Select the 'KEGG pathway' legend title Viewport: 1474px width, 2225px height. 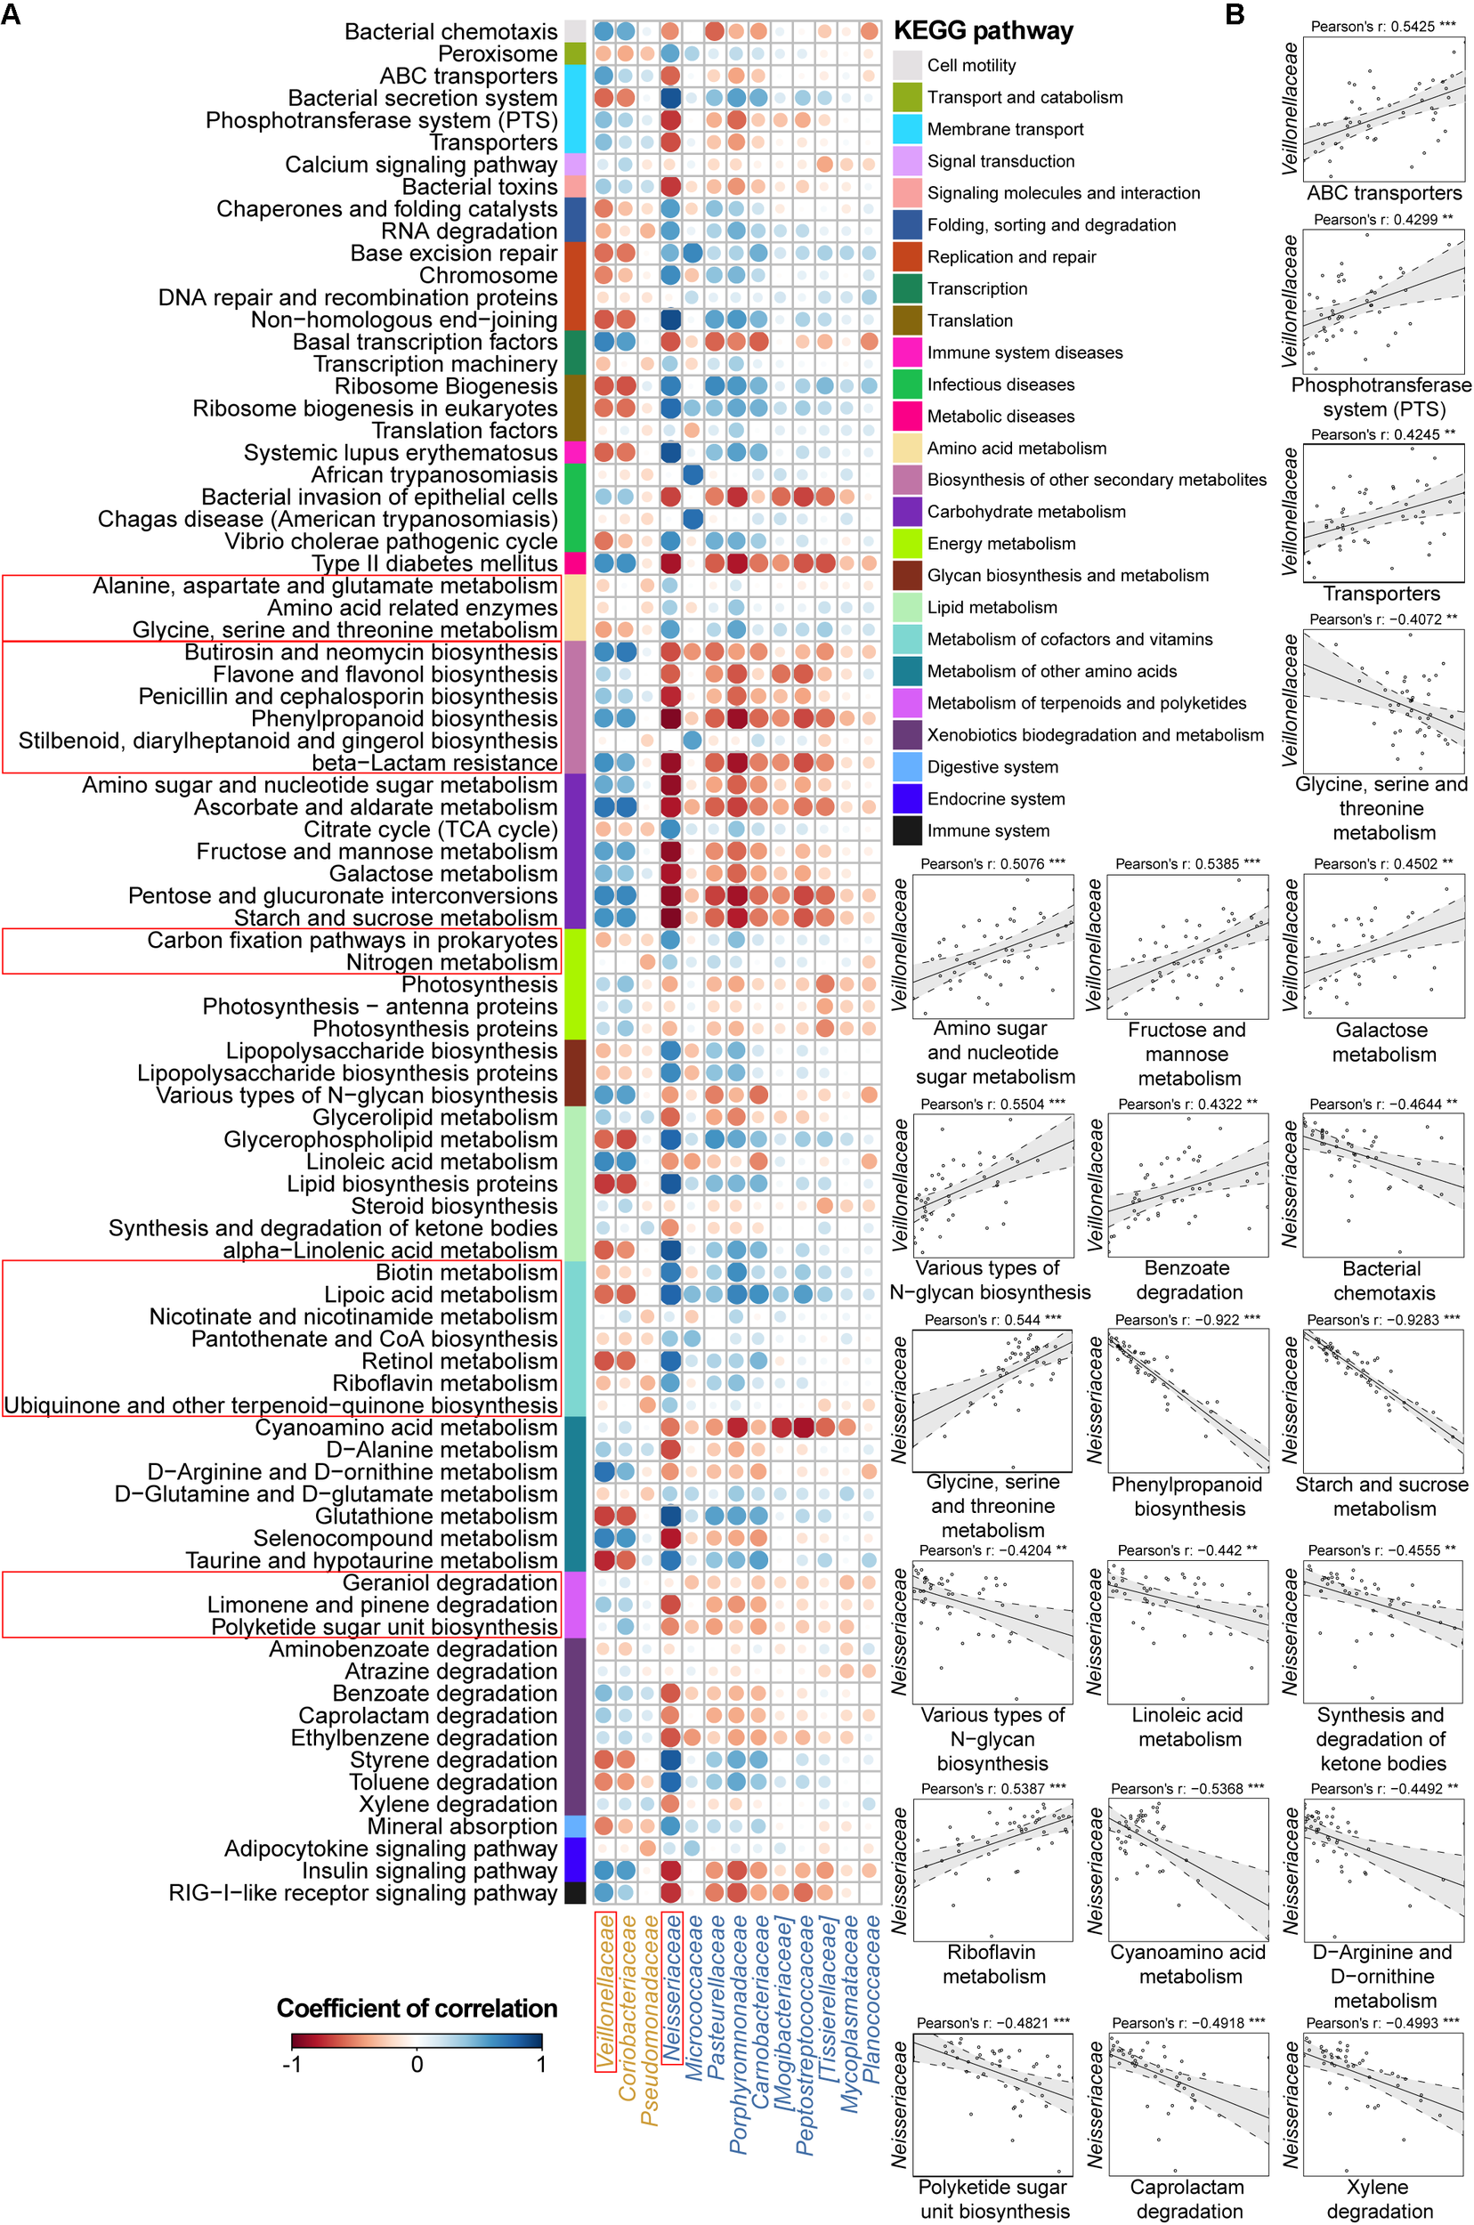click(x=983, y=31)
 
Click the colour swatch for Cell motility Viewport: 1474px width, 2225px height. click(x=906, y=65)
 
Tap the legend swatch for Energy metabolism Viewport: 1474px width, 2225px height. click(x=906, y=543)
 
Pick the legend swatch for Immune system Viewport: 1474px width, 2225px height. click(x=906, y=830)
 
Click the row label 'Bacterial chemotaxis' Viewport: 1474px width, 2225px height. click(x=450, y=32)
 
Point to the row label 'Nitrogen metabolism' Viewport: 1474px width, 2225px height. click(x=451, y=961)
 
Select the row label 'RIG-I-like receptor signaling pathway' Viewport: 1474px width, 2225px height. click(x=363, y=1892)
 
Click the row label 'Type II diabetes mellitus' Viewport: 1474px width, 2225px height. click(x=434, y=563)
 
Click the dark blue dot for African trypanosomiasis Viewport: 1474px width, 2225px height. click(x=692, y=474)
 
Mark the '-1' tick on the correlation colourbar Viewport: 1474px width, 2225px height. click(x=291, y=2064)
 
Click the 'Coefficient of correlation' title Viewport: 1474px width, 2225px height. click(x=417, y=2008)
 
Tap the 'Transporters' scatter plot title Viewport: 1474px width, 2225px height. click(x=1381, y=593)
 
